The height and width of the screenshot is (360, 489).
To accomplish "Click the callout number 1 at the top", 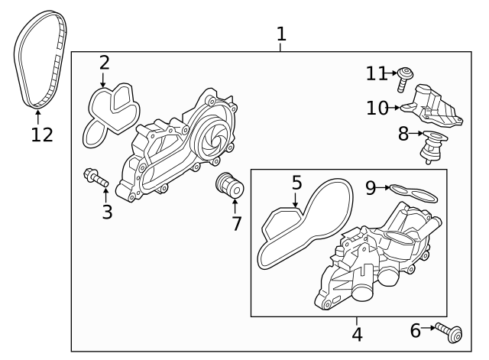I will tap(281, 34).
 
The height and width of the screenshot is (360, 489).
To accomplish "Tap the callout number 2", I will tap(104, 63).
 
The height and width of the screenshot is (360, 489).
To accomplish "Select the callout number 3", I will tap(107, 212).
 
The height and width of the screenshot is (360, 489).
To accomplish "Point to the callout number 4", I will tap(356, 334).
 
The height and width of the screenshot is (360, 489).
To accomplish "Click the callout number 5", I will tap(296, 183).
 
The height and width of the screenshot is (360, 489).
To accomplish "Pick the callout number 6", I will tap(416, 330).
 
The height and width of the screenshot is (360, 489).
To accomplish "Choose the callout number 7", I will tap(236, 223).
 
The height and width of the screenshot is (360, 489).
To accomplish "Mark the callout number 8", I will tap(403, 134).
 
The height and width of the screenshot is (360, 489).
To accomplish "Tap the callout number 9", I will tap(370, 187).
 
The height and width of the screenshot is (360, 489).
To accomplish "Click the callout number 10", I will tap(377, 108).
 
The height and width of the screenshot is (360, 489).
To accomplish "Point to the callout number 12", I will tap(42, 135).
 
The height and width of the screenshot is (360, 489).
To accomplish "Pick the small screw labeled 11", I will tap(406, 76).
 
